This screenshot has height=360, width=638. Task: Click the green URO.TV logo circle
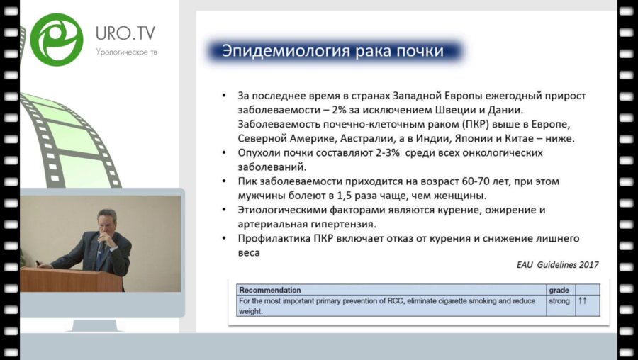point(57,40)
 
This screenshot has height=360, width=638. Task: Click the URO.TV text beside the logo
point(125,33)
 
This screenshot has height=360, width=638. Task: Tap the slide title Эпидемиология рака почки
point(332,52)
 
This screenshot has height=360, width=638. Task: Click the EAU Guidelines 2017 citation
point(557,265)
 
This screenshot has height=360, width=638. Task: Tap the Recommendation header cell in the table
point(270,290)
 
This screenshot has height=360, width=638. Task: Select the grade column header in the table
point(559,291)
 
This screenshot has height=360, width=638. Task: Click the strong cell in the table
point(559,301)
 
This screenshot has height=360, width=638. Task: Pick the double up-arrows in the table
point(582,301)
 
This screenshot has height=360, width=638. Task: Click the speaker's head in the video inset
point(106,221)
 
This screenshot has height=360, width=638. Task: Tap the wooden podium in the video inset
point(71,279)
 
